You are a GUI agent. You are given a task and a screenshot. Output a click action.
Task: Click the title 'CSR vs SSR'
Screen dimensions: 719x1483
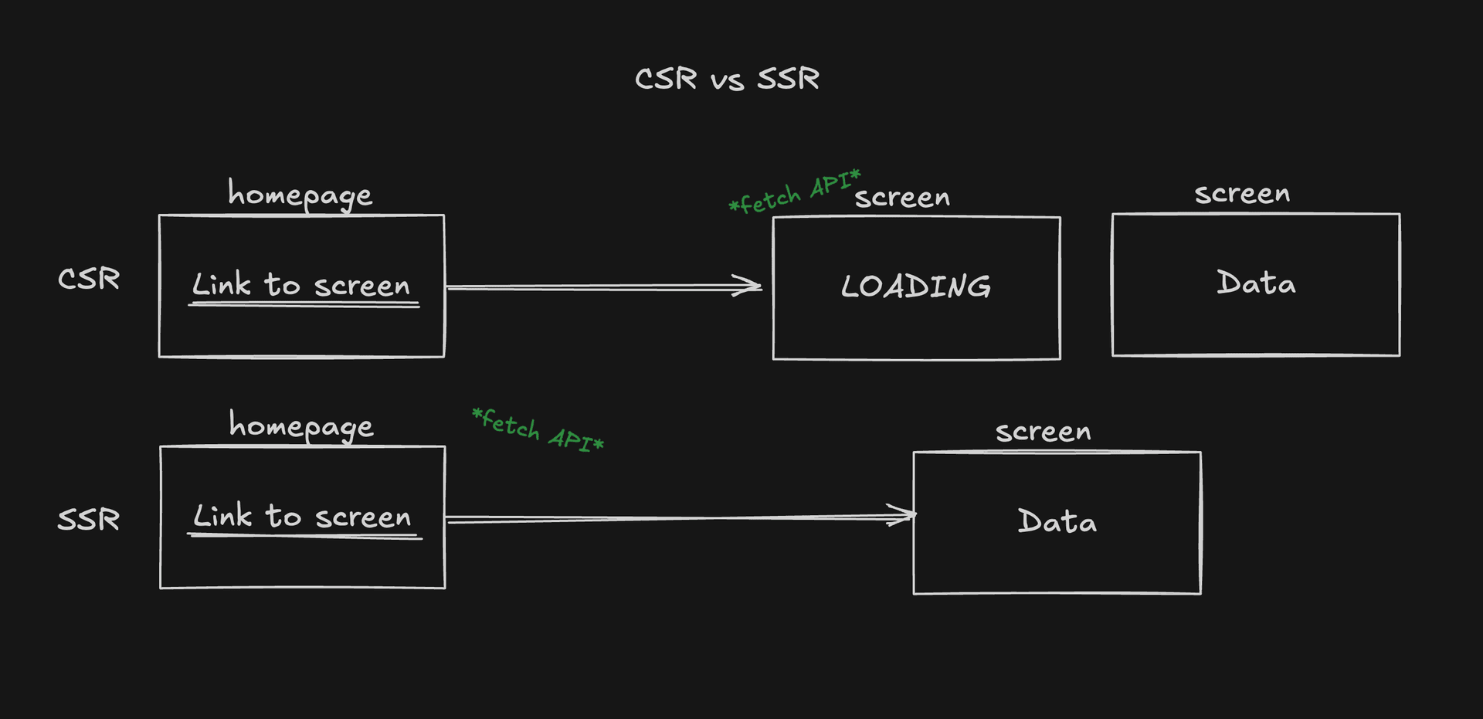click(727, 79)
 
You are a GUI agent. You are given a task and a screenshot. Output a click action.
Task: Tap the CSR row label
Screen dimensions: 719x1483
click(89, 279)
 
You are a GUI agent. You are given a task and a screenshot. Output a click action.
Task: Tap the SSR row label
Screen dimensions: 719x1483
click(89, 519)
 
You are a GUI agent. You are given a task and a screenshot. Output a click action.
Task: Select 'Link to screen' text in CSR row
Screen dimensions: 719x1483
click(301, 285)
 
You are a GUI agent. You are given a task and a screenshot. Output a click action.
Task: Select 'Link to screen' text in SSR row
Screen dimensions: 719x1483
click(302, 516)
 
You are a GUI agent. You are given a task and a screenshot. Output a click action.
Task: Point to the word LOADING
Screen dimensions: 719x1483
click(916, 287)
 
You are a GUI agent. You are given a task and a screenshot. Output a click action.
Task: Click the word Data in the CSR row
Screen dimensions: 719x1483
click(1256, 283)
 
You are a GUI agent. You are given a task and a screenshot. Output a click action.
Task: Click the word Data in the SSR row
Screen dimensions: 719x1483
click(1057, 521)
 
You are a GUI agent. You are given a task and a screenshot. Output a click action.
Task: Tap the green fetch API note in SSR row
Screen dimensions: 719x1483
click(538, 430)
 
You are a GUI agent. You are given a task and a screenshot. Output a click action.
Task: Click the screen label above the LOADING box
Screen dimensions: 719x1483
click(902, 198)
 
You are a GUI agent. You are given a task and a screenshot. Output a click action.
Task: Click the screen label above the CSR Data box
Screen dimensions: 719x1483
click(1242, 194)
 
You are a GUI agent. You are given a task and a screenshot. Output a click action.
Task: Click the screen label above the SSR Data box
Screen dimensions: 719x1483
click(1043, 432)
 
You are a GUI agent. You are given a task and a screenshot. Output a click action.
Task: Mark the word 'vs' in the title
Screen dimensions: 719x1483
click(727, 81)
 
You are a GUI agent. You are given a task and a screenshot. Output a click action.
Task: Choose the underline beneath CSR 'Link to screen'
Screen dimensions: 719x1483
click(304, 305)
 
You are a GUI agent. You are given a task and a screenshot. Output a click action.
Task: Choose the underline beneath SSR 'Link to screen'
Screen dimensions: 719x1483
click(304, 536)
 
